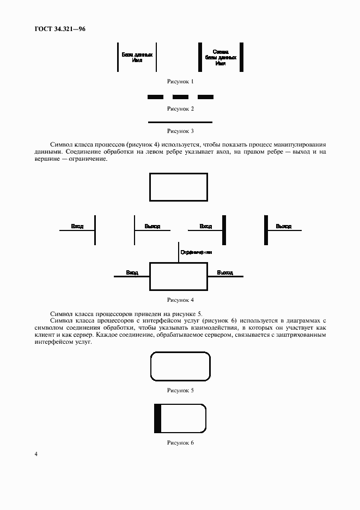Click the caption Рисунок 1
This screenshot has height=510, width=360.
[180, 81]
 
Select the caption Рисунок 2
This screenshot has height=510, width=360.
[180, 108]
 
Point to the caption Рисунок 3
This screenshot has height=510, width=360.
[180, 131]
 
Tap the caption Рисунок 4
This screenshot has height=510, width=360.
[180, 300]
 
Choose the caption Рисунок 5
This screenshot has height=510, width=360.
[180, 390]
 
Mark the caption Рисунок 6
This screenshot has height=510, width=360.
[180, 442]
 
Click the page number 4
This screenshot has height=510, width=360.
[36, 454]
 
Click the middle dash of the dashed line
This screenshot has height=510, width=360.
[180, 97]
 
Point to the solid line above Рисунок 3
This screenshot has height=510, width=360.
[180, 122]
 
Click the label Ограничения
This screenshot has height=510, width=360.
[196, 253]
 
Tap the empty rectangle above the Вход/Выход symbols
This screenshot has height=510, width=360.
[179, 187]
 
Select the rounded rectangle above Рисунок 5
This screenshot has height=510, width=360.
[180, 366]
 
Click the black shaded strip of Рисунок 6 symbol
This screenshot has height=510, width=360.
[158, 418]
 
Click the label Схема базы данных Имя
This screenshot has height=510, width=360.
[221, 57]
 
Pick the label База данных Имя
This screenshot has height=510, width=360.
[137, 57]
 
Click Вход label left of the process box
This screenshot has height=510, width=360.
[132, 272]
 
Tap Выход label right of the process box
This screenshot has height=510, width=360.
[225, 272]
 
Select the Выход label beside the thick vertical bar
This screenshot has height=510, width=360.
[283, 226]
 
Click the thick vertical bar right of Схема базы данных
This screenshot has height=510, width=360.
[241, 57]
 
